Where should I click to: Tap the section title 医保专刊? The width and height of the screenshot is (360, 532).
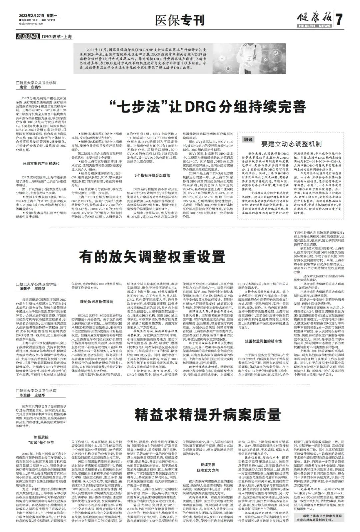point(180,21)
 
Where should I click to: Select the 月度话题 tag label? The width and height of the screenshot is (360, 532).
point(28,37)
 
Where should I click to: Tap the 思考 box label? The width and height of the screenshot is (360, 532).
point(247,139)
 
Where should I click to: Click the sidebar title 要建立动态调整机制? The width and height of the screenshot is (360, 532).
point(291,144)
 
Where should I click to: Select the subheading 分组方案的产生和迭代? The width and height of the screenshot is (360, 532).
point(41,164)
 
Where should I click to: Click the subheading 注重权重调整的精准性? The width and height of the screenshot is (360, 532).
point(263,342)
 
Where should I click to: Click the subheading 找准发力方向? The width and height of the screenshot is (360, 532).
point(208,470)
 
